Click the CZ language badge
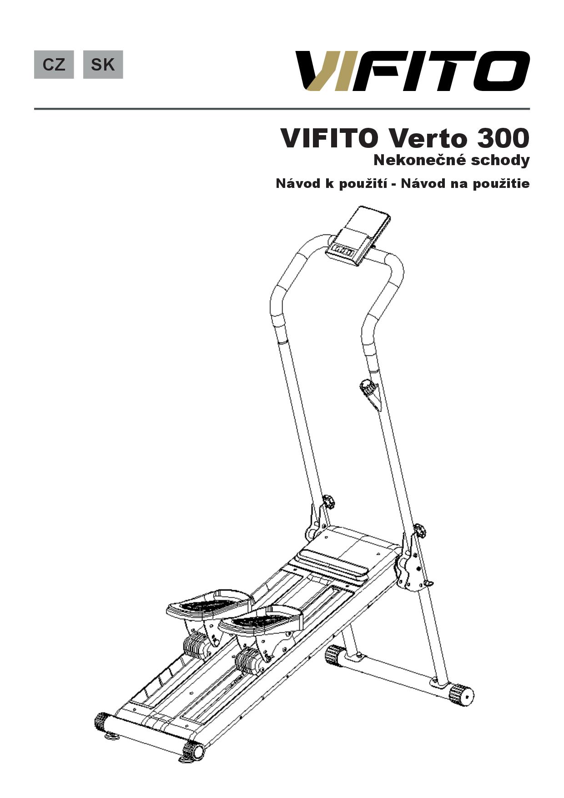click(54, 65)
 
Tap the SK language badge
click(103, 65)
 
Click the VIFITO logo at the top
click(413, 71)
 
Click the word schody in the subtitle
click(501, 161)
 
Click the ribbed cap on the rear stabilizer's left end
click(335, 655)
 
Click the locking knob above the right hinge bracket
click(419, 530)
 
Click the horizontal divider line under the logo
click(282, 109)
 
